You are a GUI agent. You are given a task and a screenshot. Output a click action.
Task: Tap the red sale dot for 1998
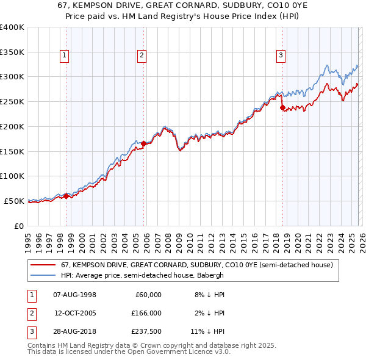[66, 196]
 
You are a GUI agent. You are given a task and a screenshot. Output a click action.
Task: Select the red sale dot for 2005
[143, 143]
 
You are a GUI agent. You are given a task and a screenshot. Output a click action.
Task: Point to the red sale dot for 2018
[282, 108]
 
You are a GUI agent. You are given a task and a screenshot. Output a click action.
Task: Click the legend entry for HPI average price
[143, 275]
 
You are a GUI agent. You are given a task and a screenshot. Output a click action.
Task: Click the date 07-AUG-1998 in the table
[75, 295]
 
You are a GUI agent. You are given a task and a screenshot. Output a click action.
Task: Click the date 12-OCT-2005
[75, 313]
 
